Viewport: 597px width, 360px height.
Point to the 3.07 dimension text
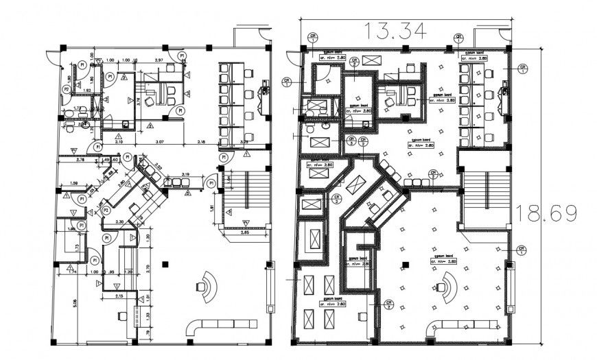click(x=160, y=142)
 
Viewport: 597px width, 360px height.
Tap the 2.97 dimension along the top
click(x=159, y=61)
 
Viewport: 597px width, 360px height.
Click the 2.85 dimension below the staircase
click(x=245, y=233)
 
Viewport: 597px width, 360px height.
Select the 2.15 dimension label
click(x=119, y=296)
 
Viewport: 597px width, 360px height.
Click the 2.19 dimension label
click(x=185, y=174)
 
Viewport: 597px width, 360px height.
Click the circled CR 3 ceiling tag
click(x=351, y=143)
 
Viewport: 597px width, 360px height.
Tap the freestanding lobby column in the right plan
click(x=405, y=265)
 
